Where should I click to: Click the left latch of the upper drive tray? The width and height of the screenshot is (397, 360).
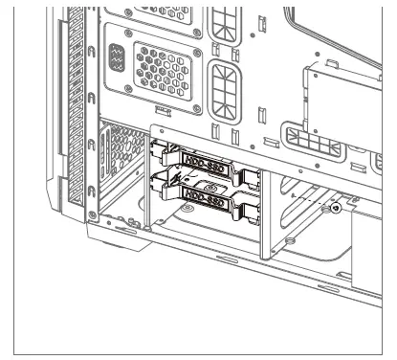click(159, 150)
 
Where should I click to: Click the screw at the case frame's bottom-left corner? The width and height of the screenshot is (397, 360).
click(91, 213)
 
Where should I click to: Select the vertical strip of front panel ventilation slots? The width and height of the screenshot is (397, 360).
click(75, 105)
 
